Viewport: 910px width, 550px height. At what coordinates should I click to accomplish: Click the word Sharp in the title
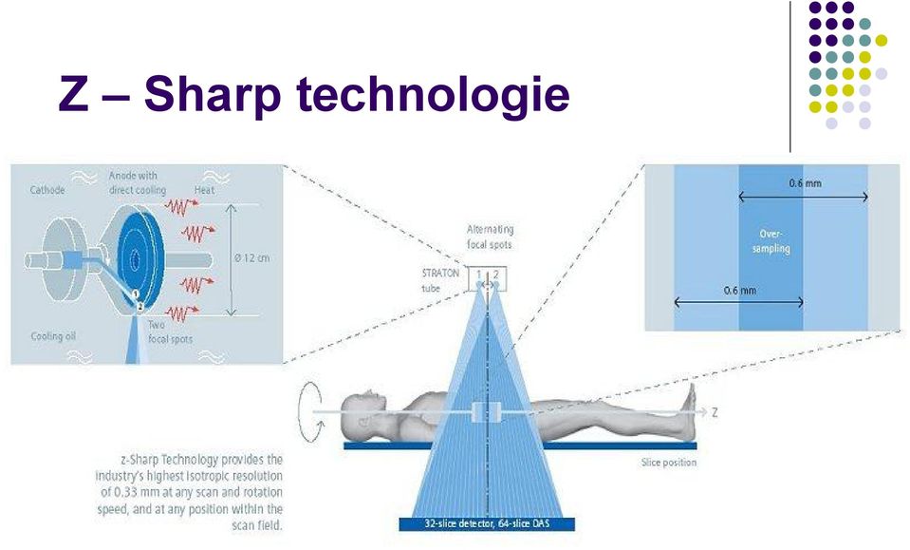213,95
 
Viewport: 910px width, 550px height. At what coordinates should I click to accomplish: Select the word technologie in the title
433,95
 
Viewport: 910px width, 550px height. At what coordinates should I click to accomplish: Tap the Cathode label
47,190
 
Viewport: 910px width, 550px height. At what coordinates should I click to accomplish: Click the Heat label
204,190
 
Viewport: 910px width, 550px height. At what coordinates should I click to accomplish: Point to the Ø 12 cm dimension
251,257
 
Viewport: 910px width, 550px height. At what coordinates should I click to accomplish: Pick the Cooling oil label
53,336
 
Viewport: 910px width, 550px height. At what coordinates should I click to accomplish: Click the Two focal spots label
170,332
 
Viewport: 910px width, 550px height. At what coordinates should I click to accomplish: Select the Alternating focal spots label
490,237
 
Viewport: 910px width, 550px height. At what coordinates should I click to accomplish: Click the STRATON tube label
440,280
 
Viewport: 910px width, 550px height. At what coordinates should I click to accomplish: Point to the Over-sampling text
771,241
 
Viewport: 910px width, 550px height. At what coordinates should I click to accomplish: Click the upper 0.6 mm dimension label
805,183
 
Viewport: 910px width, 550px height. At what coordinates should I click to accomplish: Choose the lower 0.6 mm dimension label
740,290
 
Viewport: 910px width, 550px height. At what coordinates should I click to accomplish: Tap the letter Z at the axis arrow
715,412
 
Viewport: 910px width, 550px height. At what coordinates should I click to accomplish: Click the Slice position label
669,463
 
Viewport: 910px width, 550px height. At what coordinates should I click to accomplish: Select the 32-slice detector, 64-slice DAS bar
487,523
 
